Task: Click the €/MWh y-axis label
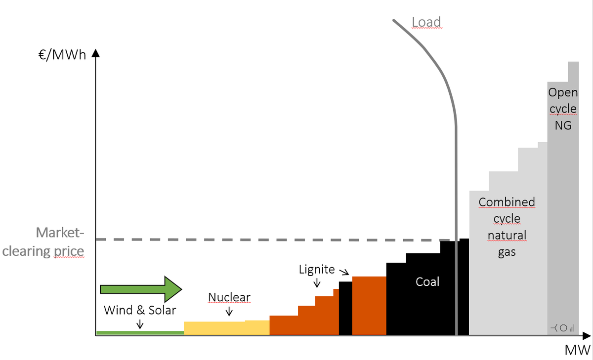62,55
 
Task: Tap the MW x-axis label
578,351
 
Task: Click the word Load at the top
426,22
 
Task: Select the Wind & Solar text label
140,310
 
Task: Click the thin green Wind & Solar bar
140,333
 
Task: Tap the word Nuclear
229,297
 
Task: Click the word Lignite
317,270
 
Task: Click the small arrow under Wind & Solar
140,324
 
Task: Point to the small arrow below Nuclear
229,312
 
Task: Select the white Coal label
427,281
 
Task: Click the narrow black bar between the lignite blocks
345,309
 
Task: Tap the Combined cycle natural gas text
507,227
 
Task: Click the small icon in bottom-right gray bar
562,327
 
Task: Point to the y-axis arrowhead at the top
96,53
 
